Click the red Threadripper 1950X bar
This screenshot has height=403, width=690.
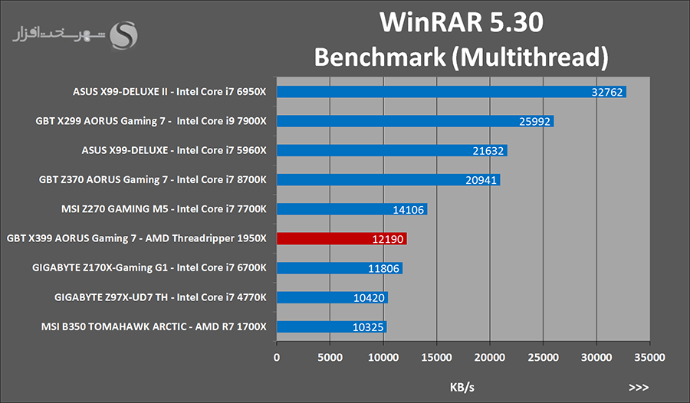coord(341,239)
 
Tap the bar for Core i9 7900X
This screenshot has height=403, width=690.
coord(415,122)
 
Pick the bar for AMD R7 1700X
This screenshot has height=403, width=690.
coord(331,327)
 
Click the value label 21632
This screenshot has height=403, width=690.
coord(488,151)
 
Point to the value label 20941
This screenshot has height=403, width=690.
coord(482,180)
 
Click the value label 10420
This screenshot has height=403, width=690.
coord(370,298)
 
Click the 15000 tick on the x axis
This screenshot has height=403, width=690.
coord(436,356)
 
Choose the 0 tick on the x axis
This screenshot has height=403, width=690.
coord(277,356)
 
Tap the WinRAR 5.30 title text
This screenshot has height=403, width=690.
coord(462,23)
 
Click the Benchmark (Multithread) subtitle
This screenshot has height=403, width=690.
coord(462,57)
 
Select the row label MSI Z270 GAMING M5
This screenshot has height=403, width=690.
coord(163,209)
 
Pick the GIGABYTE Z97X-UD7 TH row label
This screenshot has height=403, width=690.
coord(160,298)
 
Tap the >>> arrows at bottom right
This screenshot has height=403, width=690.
coord(637,388)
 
